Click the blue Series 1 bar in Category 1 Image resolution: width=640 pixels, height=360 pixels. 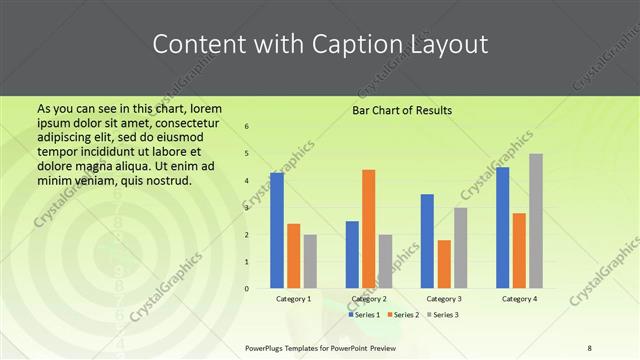277,231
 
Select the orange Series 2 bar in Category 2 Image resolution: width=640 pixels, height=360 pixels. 368,229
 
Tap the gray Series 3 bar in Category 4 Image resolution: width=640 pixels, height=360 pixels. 536,221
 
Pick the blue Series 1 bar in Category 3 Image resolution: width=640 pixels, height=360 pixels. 427,241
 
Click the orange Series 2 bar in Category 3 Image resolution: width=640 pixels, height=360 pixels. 444,264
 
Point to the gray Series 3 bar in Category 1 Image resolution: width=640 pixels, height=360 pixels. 310,261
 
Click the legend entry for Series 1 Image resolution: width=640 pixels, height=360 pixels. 363,315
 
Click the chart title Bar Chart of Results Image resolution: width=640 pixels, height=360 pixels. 402,110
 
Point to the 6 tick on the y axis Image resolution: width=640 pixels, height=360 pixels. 247,127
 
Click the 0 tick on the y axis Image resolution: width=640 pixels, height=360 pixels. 247,289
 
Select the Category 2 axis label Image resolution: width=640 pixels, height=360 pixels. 369,299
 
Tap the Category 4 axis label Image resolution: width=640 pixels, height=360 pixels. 519,299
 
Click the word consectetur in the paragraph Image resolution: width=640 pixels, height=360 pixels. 181,122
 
